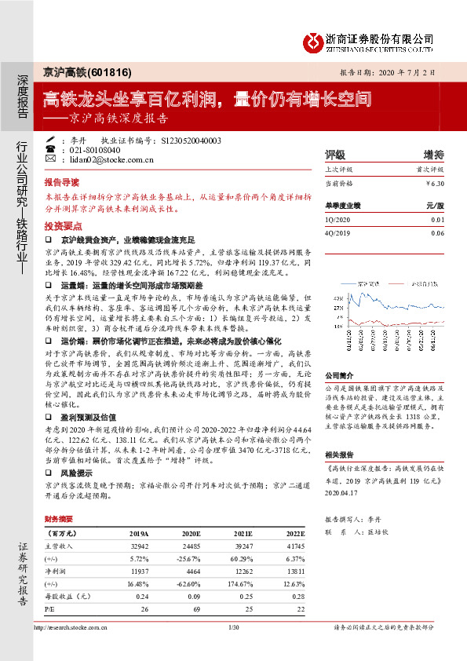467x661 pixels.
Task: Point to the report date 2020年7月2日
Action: [405, 71]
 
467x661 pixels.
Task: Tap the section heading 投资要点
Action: [63, 225]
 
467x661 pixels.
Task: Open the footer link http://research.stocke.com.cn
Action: [69, 628]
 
